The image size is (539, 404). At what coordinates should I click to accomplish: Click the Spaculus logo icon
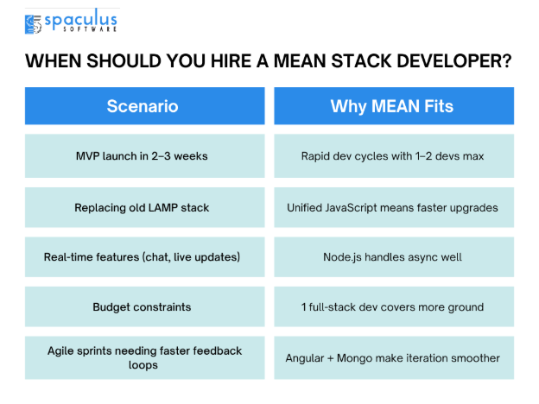pyautogui.click(x=33, y=24)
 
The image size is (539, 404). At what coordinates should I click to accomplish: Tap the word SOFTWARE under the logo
pyautogui.click(x=90, y=29)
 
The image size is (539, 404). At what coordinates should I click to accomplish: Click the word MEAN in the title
pyautogui.click(x=300, y=61)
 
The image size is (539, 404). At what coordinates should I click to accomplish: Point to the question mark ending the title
pyautogui.click(x=507, y=61)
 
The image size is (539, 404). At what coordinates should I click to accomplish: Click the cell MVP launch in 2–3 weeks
pyautogui.click(x=145, y=156)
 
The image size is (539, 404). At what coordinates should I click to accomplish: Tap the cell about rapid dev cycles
pyautogui.click(x=394, y=156)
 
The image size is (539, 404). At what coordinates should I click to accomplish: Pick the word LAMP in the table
pyautogui.click(x=162, y=207)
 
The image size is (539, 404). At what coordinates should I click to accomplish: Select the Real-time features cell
pyautogui.click(x=145, y=257)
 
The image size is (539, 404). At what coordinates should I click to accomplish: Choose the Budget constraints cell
pyautogui.click(x=145, y=306)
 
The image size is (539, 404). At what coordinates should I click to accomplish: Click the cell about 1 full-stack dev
pyautogui.click(x=394, y=306)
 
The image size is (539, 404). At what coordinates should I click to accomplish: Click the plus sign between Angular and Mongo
pyautogui.click(x=330, y=358)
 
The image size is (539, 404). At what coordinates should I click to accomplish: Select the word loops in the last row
pyautogui.click(x=143, y=365)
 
